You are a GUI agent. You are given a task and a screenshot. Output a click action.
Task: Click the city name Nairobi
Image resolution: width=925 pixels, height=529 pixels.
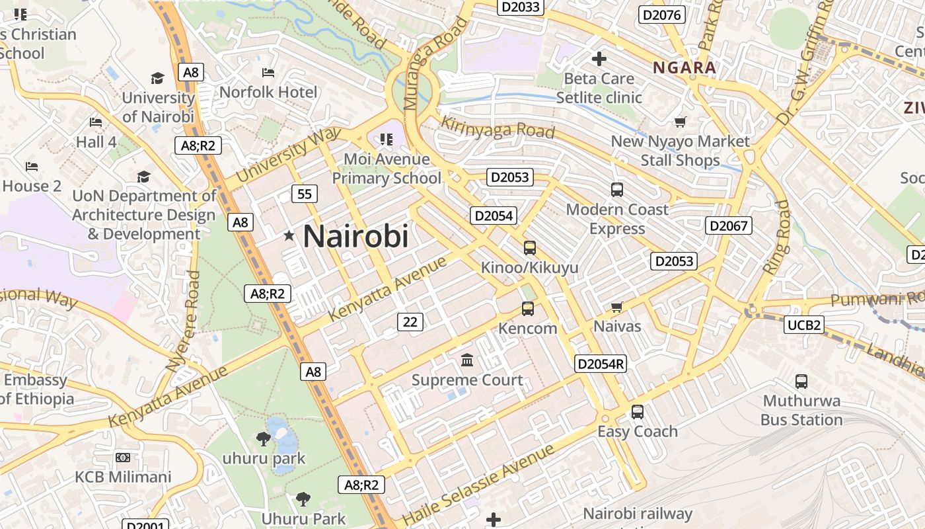point(355,236)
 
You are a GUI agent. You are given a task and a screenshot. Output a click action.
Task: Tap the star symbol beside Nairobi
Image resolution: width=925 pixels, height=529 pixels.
point(289,235)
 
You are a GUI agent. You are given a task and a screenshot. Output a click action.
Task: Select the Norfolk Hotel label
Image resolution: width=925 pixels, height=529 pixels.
point(268,92)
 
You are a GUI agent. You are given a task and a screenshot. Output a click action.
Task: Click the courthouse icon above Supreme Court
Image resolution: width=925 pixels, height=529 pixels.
point(467,360)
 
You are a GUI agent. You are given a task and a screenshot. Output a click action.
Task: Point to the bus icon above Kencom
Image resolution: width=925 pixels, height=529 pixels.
point(527,308)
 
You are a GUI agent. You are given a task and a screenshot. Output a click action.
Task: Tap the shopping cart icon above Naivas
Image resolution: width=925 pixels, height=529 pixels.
point(617,307)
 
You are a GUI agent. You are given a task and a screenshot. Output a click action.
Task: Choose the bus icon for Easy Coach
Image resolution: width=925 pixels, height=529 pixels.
point(637,411)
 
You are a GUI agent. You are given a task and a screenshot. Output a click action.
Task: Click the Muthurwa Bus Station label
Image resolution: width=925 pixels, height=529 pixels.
point(801,410)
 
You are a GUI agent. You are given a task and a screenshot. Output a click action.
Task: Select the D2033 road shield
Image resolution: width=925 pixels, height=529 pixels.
point(521,7)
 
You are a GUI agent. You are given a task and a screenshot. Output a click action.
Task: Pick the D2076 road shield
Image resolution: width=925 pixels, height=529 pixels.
point(661,15)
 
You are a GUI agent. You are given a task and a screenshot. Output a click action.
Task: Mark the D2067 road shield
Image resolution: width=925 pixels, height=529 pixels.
point(729,225)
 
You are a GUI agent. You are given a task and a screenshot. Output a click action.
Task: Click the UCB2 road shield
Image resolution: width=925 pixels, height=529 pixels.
point(804,325)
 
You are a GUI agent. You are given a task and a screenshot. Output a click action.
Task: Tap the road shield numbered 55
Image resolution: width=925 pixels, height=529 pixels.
point(304,194)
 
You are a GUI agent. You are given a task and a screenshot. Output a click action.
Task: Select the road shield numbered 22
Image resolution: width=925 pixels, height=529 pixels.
point(410,321)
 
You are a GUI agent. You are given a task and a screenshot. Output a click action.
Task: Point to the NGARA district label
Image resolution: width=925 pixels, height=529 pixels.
point(684,67)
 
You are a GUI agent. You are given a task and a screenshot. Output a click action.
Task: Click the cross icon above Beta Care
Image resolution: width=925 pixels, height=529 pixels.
point(599,59)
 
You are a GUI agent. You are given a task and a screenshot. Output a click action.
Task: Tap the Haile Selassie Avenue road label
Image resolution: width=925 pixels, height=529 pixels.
point(478,485)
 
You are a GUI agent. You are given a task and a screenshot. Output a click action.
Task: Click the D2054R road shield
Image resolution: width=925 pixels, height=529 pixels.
point(600,364)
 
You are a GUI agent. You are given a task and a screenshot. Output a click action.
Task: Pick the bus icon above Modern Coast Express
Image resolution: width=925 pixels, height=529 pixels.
point(617,190)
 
